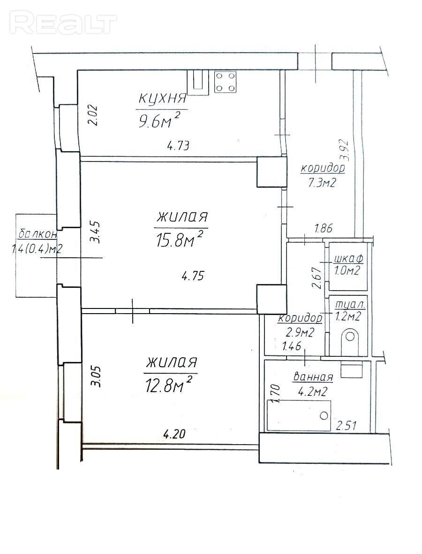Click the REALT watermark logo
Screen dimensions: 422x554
pyautogui.click(x=63, y=23)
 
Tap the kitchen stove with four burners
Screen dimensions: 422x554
pyautogui.click(x=225, y=82)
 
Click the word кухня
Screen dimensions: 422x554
pyautogui.click(x=162, y=98)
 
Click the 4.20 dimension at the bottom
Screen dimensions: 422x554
pyautogui.click(x=173, y=433)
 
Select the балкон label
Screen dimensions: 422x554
pyautogui.click(x=37, y=233)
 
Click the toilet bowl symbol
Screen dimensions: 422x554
pyautogui.click(x=350, y=341)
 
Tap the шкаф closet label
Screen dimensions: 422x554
pyautogui.click(x=348, y=259)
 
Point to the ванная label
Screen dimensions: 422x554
pyautogui.click(x=313, y=377)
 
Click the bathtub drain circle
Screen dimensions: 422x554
pyautogui.click(x=324, y=415)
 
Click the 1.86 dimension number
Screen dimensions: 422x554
pyautogui.click(x=323, y=229)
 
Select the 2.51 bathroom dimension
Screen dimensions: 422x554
pyautogui.click(x=346, y=425)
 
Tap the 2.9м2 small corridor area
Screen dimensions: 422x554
pyautogui.click(x=300, y=332)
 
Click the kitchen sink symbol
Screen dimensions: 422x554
pyautogui.click(x=198, y=82)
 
